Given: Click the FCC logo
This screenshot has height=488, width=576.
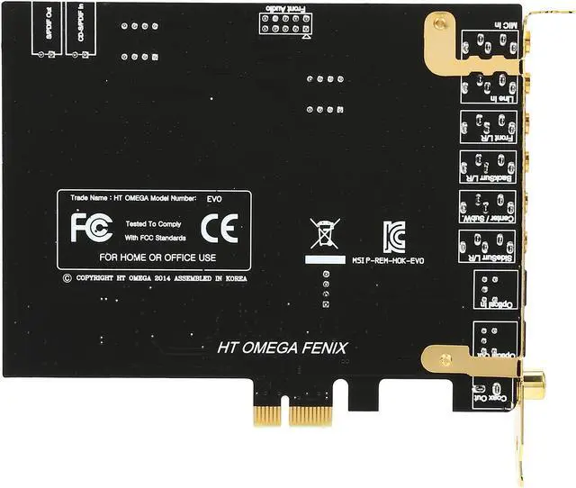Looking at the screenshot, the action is pyautogui.click(x=91, y=227).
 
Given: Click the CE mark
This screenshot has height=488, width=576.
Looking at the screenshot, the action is pyautogui.click(x=219, y=228).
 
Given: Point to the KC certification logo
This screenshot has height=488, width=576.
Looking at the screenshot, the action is pyautogui.click(x=393, y=237).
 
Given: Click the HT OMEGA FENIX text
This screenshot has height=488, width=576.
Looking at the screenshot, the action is pyautogui.click(x=282, y=348).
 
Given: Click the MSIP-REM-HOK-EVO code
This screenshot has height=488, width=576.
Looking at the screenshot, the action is pyautogui.click(x=386, y=261).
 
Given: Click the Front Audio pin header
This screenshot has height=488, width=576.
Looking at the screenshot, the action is pyautogui.click(x=284, y=23).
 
